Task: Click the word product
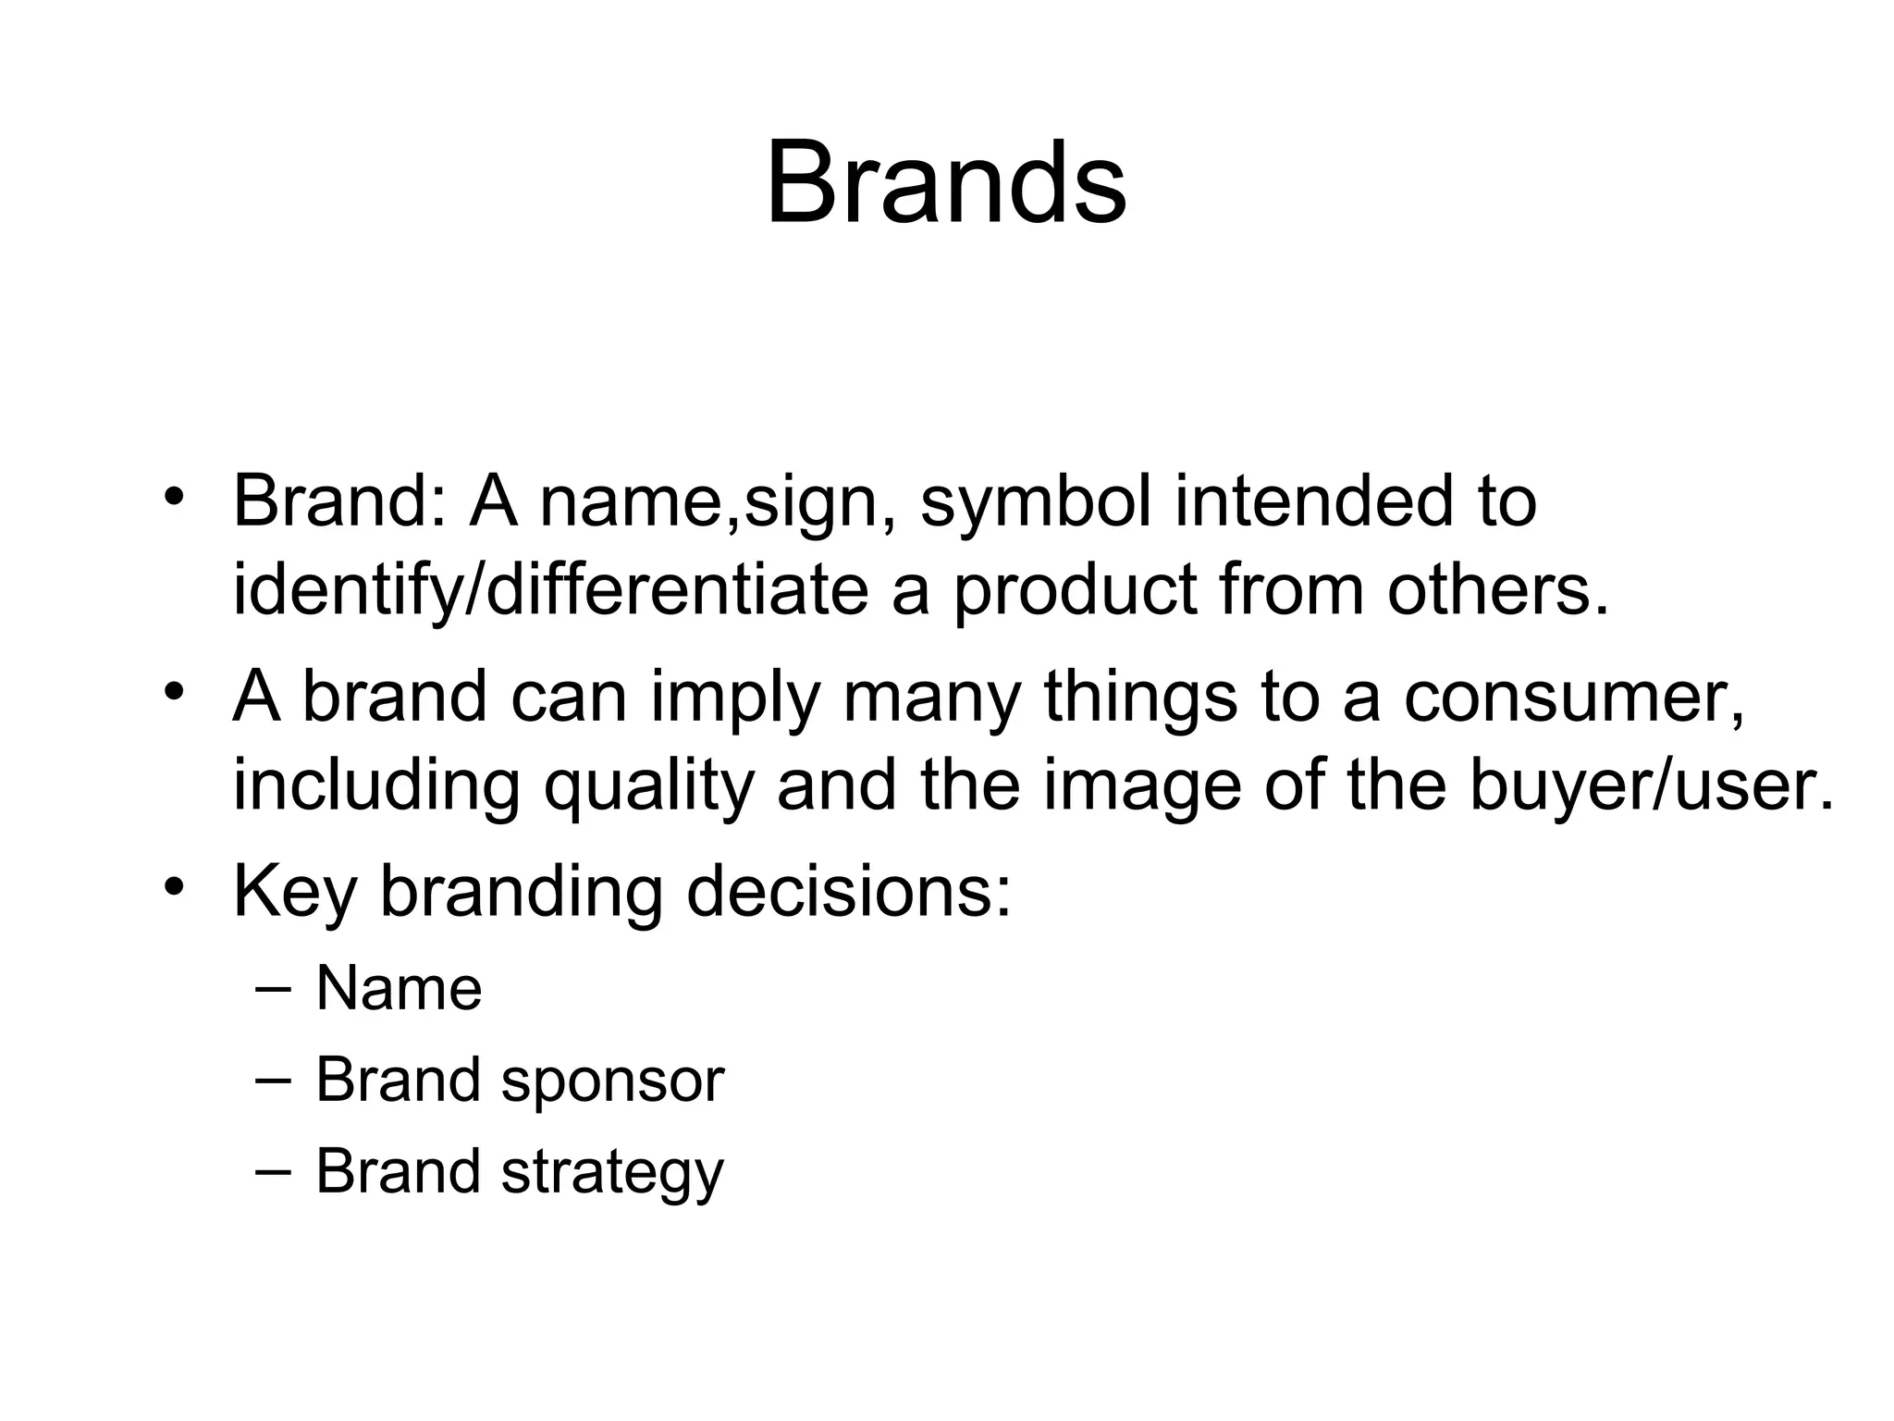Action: coord(1076,592)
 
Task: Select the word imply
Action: coord(735,698)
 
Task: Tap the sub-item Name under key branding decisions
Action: coord(399,989)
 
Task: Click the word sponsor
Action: coord(612,1081)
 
